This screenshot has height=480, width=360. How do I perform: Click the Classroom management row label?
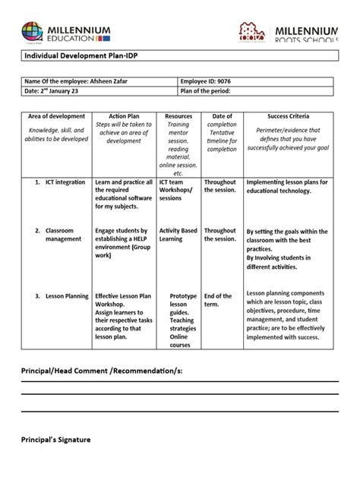click(64, 235)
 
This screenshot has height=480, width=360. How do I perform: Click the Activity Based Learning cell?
click(178, 235)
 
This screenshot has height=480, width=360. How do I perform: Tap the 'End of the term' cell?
click(218, 301)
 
